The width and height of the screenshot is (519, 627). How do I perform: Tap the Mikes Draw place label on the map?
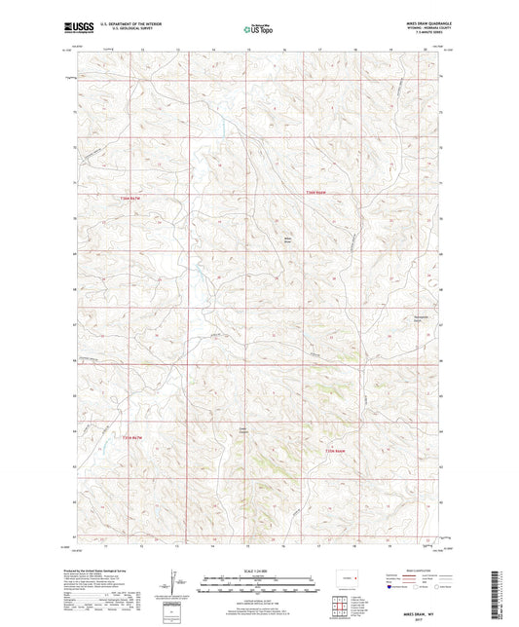coord(287,239)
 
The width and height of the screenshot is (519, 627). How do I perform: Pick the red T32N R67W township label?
coord(137,437)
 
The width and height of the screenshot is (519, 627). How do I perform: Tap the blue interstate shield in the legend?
coord(391,587)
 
